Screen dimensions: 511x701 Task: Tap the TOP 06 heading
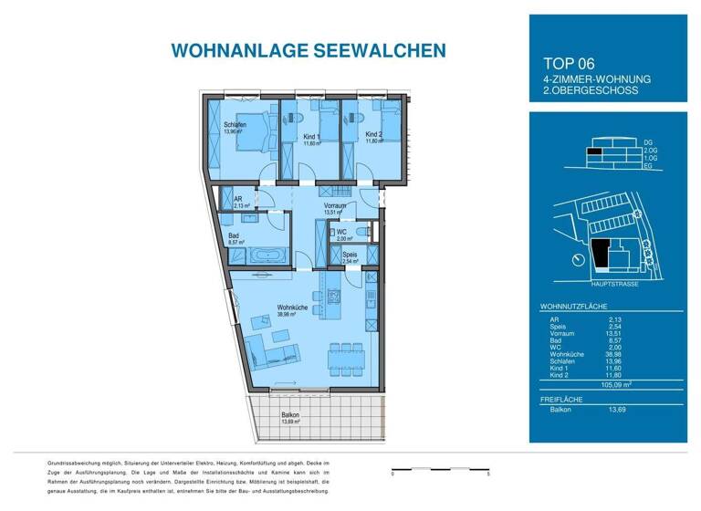[569, 64]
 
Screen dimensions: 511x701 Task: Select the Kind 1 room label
[312, 137]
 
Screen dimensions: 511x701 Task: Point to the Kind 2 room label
[373, 137]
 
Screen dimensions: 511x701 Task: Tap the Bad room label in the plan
[234, 235]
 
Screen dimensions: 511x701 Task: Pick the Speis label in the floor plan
[350, 255]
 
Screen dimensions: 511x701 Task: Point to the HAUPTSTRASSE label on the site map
[613, 284]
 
